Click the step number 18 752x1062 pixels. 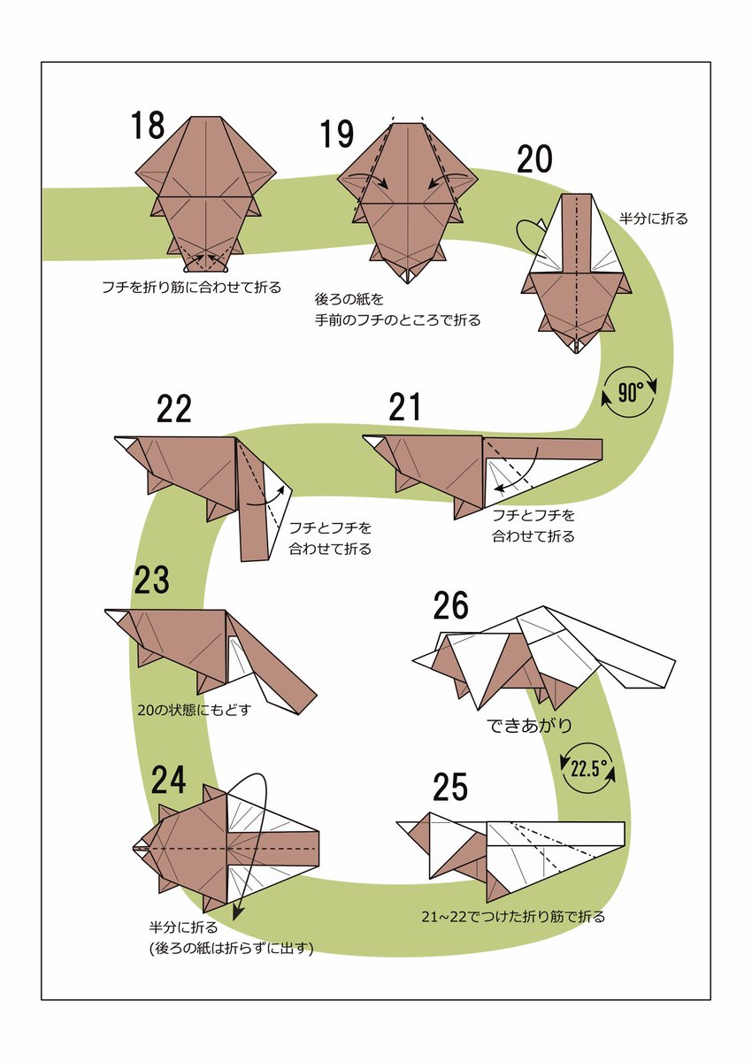(148, 125)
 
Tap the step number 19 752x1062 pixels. (337, 135)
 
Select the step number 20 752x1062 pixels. (534, 159)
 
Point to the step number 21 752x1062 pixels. (404, 408)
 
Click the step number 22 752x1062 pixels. (173, 409)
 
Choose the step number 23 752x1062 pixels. (151, 581)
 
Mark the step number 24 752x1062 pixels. (168, 780)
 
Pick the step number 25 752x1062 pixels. (450, 787)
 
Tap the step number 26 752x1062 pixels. (450, 606)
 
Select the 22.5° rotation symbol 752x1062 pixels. (589, 768)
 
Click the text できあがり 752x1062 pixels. (529, 726)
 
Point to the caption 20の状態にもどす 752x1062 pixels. (188, 709)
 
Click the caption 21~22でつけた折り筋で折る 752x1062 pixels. (513, 917)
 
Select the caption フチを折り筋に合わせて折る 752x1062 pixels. (191, 287)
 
